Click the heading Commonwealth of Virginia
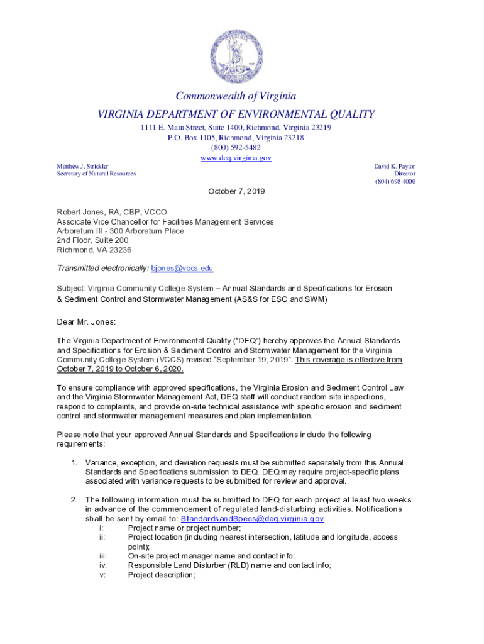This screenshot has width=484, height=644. (x=236, y=96)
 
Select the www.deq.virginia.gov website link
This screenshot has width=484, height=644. (x=236, y=158)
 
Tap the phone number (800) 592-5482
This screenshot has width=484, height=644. (x=236, y=148)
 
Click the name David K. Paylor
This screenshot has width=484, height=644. (x=395, y=166)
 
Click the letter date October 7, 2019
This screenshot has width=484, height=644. (x=236, y=191)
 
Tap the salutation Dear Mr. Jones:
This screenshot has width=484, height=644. (x=87, y=321)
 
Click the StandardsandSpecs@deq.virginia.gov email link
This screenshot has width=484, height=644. (x=252, y=519)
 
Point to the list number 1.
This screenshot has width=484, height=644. (x=74, y=463)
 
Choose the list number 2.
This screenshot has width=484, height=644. (x=74, y=500)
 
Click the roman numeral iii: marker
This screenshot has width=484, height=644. (x=103, y=556)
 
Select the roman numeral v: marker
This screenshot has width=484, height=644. (x=102, y=575)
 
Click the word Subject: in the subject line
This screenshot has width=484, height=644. (x=70, y=288)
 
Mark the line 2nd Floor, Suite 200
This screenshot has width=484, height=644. (x=92, y=240)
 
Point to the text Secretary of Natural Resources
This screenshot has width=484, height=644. (x=96, y=174)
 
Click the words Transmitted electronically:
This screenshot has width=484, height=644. (x=103, y=269)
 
